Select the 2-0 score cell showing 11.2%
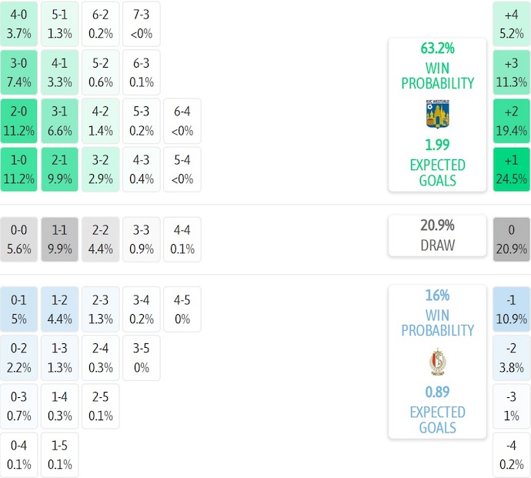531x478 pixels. pyautogui.click(x=19, y=121)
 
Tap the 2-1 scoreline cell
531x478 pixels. pyautogui.click(x=59, y=169)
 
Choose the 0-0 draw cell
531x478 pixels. pyautogui.click(x=19, y=239)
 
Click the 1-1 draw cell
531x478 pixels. pyautogui.click(x=59, y=239)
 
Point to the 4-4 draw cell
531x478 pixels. pyautogui.click(x=182, y=239)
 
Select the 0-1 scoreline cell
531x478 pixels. pyautogui.click(x=19, y=309)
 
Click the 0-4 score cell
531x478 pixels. pyautogui.click(x=19, y=455)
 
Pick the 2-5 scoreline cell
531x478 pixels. pyautogui.click(x=100, y=406)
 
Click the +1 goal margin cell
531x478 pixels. pyautogui.click(x=512, y=169)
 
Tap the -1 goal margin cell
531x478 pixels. pyautogui.click(x=512, y=309)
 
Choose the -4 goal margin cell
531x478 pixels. pyautogui.click(x=512, y=455)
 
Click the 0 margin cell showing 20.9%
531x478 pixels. pyautogui.click(x=512, y=239)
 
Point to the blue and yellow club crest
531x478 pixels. pyautogui.click(x=437, y=114)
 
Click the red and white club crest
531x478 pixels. pyautogui.click(x=437, y=362)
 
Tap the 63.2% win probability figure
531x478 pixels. pyautogui.click(x=437, y=48)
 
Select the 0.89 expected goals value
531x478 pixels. pyautogui.click(x=437, y=392)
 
